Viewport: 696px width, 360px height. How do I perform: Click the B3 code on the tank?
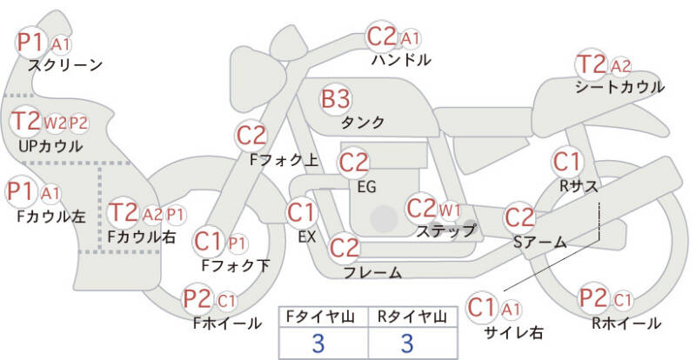pos(336,98)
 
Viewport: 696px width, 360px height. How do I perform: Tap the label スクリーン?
pos(65,65)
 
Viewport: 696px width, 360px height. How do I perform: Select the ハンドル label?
pos(401,60)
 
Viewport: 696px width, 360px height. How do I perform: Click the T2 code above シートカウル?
pos(592,64)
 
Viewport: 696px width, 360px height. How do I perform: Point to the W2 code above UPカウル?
pos(55,123)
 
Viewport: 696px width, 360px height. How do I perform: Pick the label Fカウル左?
pos(51,217)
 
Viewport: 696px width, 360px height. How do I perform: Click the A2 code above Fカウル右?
pos(153,215)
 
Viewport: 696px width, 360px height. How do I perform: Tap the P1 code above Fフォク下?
pos(237,243)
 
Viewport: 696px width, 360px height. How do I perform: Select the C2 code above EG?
pos(353,163)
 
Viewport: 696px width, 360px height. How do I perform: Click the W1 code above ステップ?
pos(450,210)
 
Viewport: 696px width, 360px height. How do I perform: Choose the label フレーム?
pos(372,272)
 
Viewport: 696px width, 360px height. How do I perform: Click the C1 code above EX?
pos(301,213)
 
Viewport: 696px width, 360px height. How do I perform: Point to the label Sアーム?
pos(539,243)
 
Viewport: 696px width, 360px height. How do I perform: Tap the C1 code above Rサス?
pos(566,162)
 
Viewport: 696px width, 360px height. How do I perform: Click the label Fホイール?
pos(227,323)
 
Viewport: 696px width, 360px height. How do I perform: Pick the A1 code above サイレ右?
pos(511,310)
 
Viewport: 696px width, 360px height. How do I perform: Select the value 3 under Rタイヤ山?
pos(406,343)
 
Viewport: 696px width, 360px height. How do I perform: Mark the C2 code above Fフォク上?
pos(251,136)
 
